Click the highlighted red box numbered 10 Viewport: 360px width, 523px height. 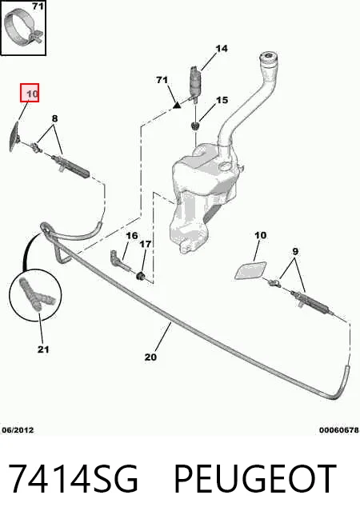click(30, 93)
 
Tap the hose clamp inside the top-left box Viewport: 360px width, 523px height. click(24, 27)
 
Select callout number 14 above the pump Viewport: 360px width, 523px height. click(222, 49)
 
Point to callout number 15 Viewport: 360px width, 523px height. click(222, 100)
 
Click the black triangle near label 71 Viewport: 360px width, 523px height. click(177, 106)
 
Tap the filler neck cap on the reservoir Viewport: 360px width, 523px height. click(269, 58)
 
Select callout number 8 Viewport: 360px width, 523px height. click(54, 118)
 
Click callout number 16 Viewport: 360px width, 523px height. click(132, 236)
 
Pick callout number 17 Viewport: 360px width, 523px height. click(145, 245)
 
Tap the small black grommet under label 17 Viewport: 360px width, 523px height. click(141, 276)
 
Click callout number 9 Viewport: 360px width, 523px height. click(295, 251)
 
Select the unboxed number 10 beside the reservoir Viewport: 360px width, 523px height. click(260, 235)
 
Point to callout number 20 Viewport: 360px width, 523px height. click(150, 357)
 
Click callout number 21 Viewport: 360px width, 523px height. click(43, 349)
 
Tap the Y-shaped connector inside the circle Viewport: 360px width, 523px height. click(36, 294)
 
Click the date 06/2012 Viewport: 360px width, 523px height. click(18, 430)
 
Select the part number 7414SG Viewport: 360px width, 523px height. click(73, 478)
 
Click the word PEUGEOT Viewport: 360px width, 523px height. click(255, 478)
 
